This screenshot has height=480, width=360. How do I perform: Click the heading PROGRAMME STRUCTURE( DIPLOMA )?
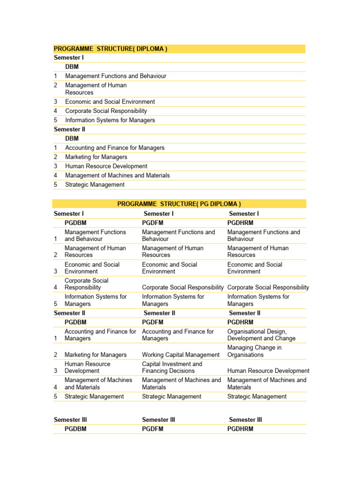(x=111, y=49)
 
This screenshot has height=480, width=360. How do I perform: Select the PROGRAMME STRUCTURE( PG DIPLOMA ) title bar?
(x=179, y=204)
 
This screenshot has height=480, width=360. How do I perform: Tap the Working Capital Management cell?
(x=180, y=355)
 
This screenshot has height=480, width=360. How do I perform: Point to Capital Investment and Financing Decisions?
(x=172, y=367)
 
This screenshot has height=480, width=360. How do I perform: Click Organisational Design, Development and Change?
(x=261, y=335)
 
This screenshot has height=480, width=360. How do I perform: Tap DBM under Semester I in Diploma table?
(x=72, y=67)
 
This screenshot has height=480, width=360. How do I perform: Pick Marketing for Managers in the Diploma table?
(x=96, y=157)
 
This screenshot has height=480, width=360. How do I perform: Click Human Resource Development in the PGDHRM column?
(x=268, y=371)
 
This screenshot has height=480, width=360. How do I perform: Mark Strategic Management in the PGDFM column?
(x=172, y=397)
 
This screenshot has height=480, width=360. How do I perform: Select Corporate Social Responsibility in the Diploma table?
(x=106, y=111)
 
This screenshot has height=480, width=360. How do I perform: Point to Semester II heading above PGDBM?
(x=69, y=313)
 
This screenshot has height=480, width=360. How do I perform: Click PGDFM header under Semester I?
(x=152, y=223)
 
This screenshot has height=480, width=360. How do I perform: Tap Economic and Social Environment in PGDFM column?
(x=169, y=268)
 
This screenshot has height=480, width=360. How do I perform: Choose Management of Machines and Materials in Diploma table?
(x=117, y=175)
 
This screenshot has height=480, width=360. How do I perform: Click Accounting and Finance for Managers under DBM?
(x=115, y=148)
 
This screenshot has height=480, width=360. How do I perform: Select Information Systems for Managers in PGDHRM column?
(x=258, y=300)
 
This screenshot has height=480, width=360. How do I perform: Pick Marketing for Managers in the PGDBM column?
(x=96, y=355)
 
